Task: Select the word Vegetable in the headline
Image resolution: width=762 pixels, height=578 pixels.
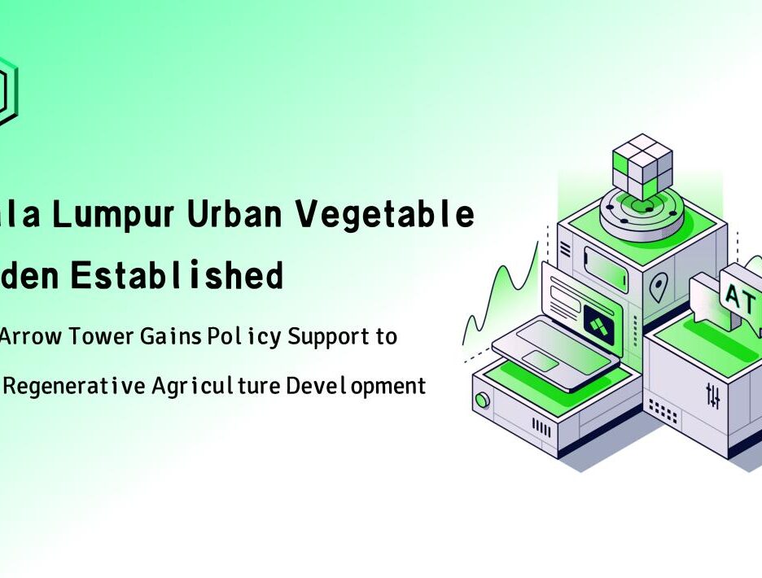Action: [384, 215]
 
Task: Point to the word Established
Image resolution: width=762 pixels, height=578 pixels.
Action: [176, 277]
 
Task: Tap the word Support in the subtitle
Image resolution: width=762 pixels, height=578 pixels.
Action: [328, 336]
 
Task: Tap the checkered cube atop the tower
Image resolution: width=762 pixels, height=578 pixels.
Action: [642, 167]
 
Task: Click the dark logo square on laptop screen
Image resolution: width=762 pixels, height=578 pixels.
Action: [599, 324]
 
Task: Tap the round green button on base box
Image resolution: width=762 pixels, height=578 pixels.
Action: [483, 400]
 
